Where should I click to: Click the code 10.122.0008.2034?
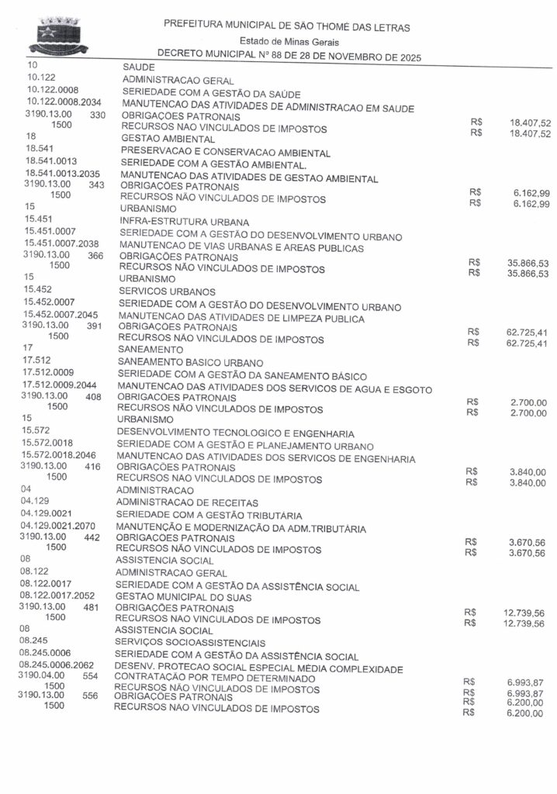[68, 102]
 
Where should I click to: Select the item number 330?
[98, 115]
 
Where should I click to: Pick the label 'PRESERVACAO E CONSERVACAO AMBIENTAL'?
[225, 152]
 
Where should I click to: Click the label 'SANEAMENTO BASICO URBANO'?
[190, 362]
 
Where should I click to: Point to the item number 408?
[94, 397]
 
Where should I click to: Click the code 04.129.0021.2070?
[61, 525]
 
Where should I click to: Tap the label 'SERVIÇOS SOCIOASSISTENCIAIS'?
[189, 643]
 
